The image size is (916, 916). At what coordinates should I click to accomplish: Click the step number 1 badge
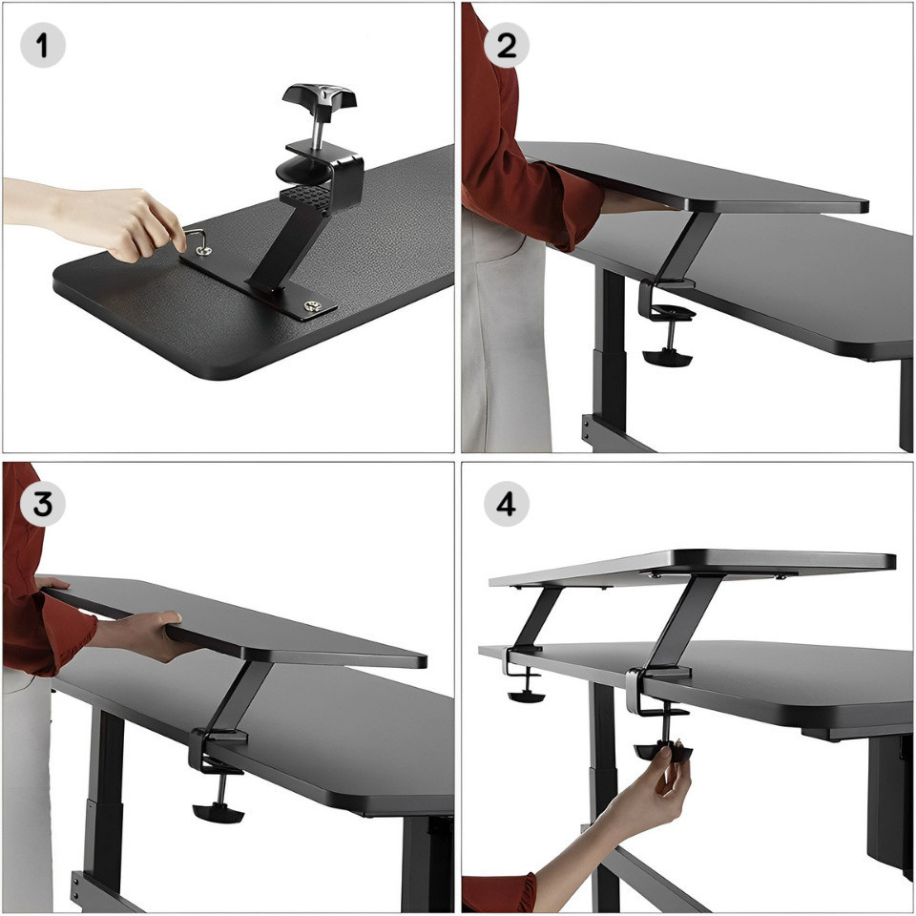click(x=43, y=45)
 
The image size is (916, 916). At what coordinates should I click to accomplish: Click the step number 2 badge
click(x=506, y=45)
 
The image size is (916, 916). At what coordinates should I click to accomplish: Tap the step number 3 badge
click(x=42, y=504)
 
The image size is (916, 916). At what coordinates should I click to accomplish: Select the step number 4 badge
click(x=506, y=504)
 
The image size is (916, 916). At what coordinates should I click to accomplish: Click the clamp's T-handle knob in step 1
click(x=320, y=95)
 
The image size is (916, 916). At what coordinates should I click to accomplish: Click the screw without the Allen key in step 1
click(x=312, y=305)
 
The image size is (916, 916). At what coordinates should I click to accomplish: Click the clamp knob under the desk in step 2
click(x=667, y=357)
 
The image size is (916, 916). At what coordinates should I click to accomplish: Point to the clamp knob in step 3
click(x=218, y=812)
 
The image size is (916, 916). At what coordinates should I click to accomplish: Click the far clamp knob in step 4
click(x=527, y=696)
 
